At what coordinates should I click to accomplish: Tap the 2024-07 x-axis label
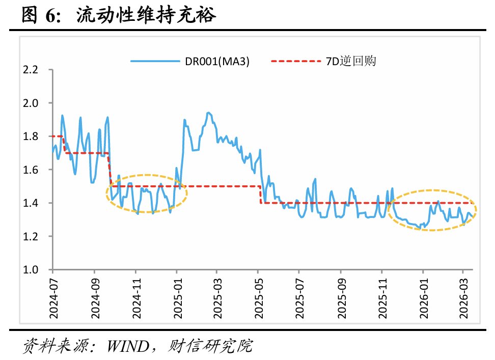53,298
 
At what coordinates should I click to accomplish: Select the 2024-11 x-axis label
135,298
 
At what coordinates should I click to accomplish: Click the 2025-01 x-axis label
176,298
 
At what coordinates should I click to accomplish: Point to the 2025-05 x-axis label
258,298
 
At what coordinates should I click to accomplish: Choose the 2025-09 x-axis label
340,298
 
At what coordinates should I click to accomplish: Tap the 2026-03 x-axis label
463,298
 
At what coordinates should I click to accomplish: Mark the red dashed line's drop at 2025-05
261,195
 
